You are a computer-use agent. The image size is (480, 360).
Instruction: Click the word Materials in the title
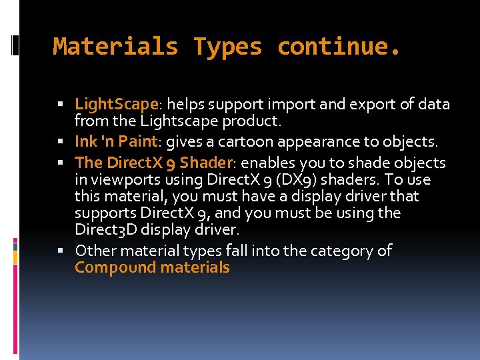click(115, 47)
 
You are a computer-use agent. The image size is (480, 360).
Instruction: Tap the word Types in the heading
click(227, 47)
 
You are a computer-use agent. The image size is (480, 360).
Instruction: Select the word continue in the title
click(333, 47)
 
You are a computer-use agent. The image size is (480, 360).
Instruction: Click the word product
click(259, 121)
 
